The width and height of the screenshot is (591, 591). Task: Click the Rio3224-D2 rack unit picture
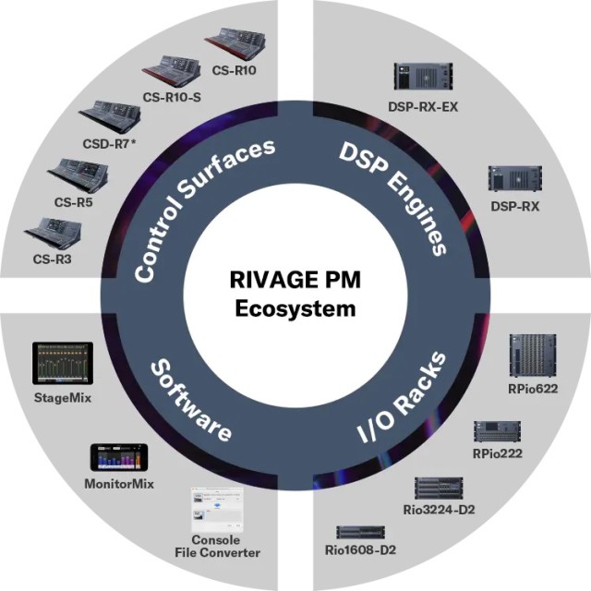(x=439, y=487)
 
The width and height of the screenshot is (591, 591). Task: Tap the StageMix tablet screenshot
(x=57, y=363)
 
